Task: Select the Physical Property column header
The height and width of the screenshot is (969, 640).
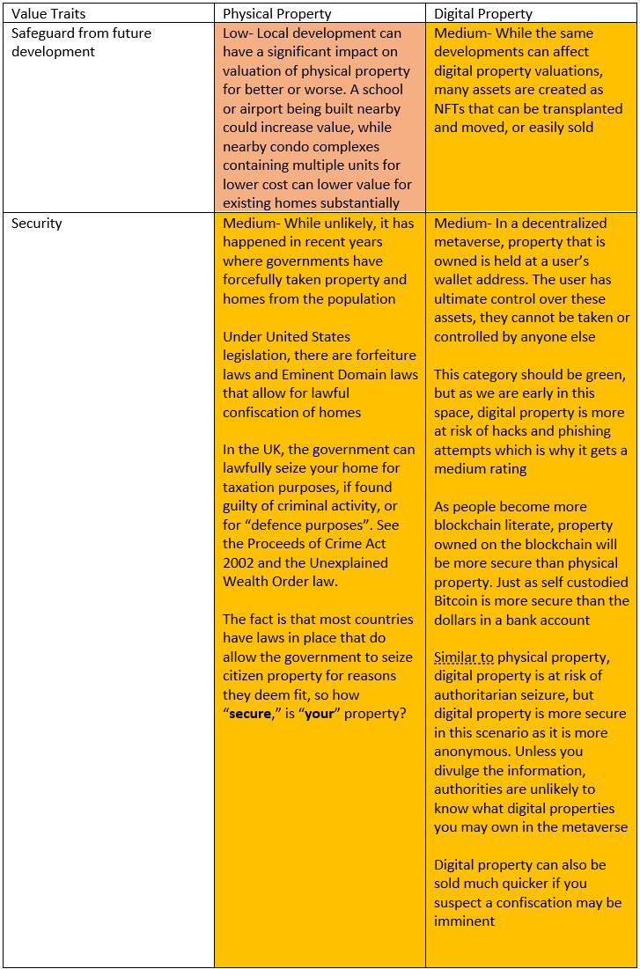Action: pyautogui.click(x=276, y=14)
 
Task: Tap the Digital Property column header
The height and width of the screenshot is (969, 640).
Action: pyautogui.click(x=483, y=14)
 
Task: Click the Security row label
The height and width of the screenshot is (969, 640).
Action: pyautogui.click(x=37, y=224)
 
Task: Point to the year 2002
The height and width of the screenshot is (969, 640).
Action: pyautogui.click(x=240, y=563)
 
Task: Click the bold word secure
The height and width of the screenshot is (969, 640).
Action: pyautogui.click(x=250, y=714)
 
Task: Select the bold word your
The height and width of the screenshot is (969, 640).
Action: pyautogui.click(x=320, y=714)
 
